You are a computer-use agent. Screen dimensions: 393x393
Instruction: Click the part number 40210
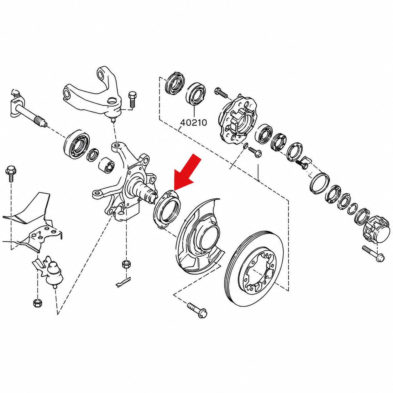[x=194, y=123]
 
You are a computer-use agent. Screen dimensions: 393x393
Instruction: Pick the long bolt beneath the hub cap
[x=373, y=254]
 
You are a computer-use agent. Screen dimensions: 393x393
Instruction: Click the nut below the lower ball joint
[x=37, y=303]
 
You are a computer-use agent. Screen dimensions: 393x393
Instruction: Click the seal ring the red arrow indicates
[x=167, y=208]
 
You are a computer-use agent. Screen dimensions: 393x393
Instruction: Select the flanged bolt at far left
[x=11, y=174]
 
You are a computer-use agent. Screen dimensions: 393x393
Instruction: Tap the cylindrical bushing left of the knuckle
[x=106, y=165]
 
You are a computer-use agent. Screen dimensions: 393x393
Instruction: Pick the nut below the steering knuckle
[x=126, y=265]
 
